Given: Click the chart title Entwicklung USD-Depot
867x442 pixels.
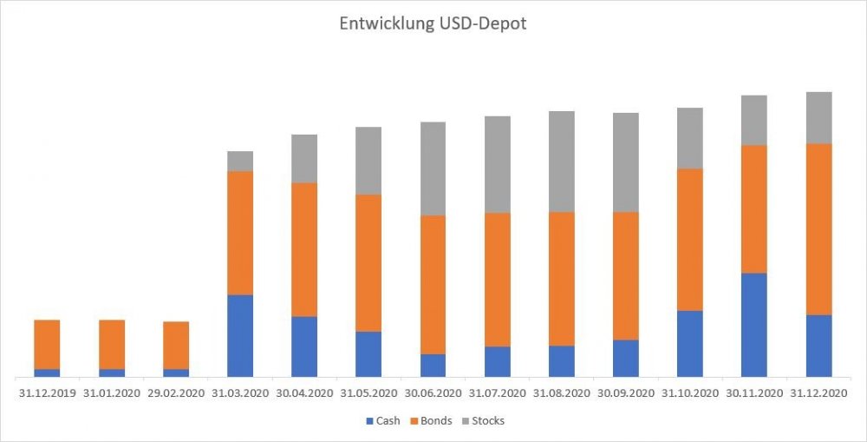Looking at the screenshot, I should tap(433, 23).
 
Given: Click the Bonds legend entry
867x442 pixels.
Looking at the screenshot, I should tap(434, 421).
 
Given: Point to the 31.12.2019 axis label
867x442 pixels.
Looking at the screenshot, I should tap(47, 393).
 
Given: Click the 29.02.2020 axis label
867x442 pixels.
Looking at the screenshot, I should tap(176, 393).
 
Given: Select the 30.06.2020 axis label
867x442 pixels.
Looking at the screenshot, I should tap(433, 393).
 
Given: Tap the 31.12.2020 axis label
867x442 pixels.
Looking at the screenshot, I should tap(819, 393).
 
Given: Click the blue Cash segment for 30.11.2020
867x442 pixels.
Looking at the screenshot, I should tap(754, 325).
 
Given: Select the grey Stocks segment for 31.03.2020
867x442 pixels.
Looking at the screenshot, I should tap(240, 161).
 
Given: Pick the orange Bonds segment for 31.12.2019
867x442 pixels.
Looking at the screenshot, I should tap(47, 344).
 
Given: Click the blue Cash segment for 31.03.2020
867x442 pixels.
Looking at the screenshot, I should tap(240, 336).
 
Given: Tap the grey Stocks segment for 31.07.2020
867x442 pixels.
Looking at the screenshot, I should tap(498, 164).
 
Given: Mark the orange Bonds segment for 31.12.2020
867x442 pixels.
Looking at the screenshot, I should tap(819, 229).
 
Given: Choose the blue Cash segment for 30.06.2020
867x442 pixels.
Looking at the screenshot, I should tap(433, 365).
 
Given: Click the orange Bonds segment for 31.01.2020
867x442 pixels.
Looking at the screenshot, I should tap(112, 344).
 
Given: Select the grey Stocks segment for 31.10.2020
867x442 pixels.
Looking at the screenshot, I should tap(690, 138).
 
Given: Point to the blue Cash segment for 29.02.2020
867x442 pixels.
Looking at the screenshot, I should tap(176, 373).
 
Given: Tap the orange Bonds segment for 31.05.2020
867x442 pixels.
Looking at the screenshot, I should tap(368, 263).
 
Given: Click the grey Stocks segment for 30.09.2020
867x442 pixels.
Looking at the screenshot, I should tap(626, 162).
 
